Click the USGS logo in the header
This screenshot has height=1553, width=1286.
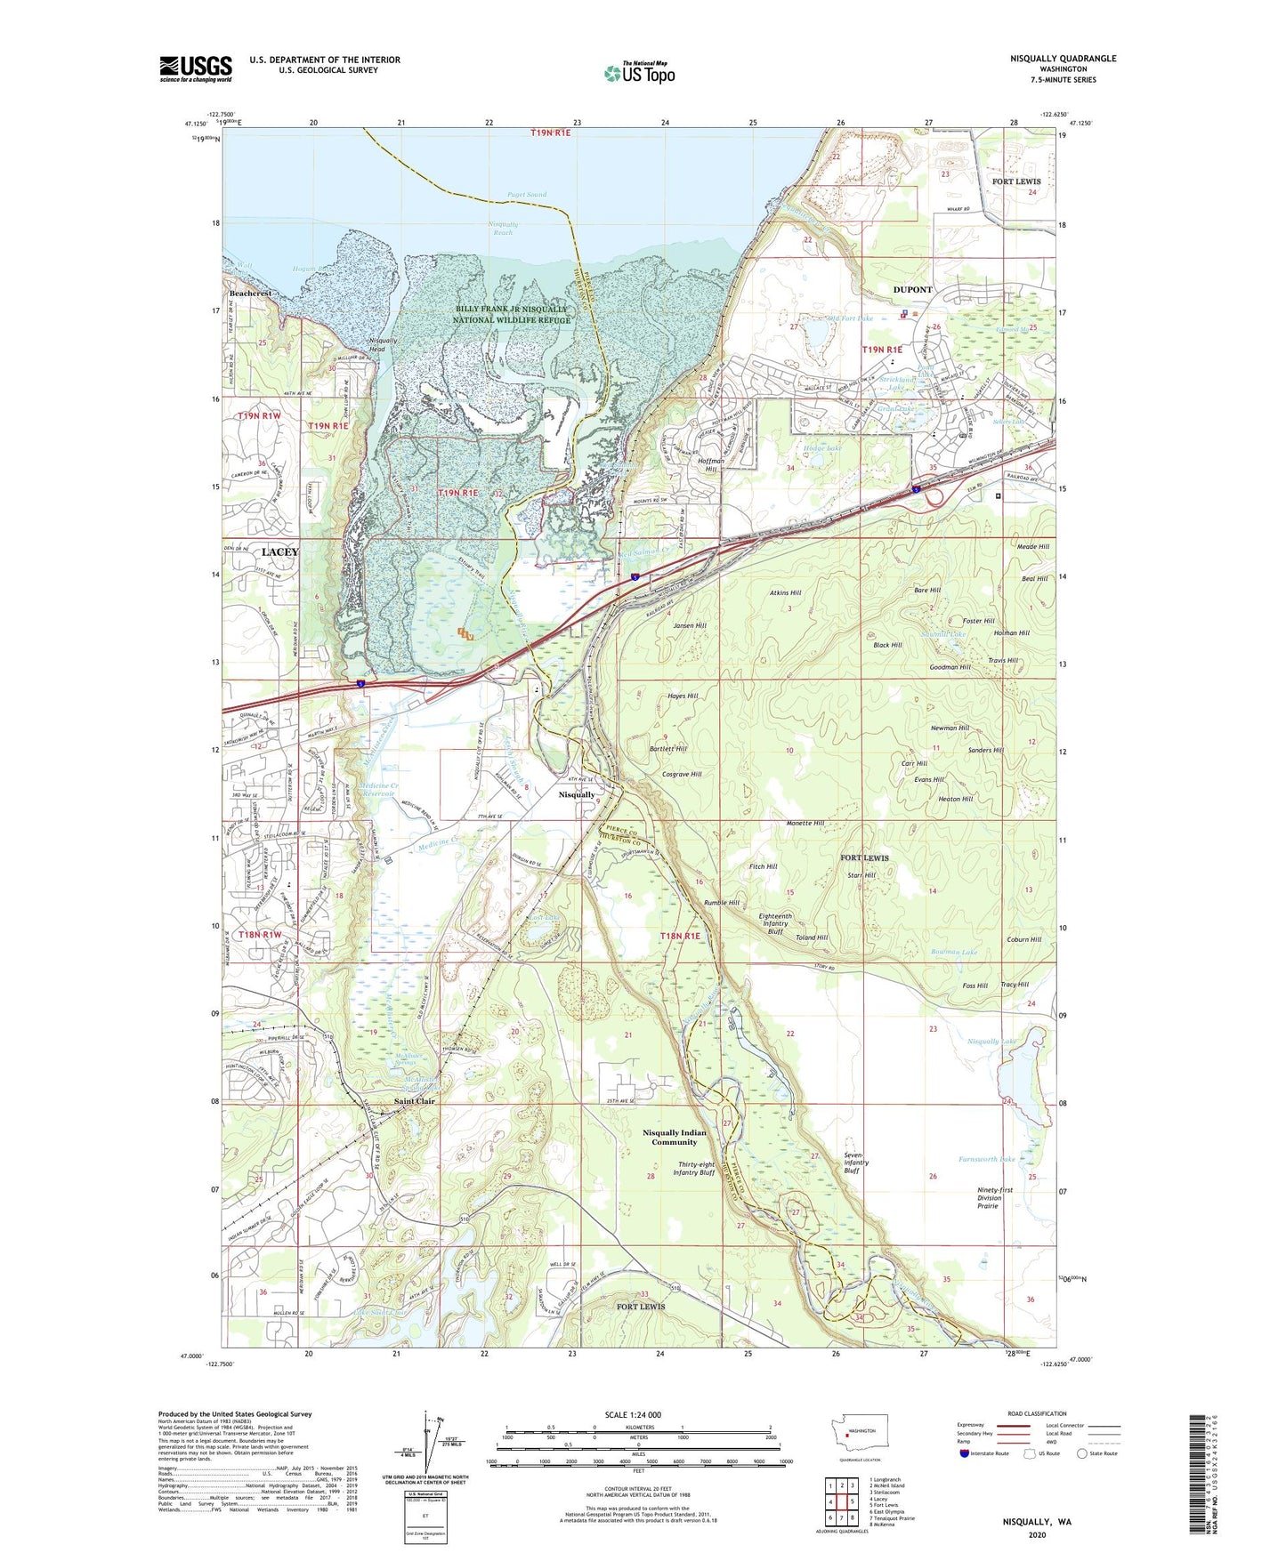[196, 68]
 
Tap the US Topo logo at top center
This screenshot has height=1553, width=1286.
[639, 73]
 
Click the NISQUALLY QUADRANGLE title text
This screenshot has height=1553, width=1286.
[1063, 59]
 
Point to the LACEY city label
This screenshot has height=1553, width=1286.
[280, 551]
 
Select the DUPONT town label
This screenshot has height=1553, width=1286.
[912, 290]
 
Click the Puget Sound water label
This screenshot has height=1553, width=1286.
[527, 194]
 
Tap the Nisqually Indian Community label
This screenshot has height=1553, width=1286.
[675, 1138]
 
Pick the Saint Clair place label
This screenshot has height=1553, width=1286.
[415, 1101]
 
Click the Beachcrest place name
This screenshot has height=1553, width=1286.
[250, 293]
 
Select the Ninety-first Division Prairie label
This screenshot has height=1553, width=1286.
[989, 1197]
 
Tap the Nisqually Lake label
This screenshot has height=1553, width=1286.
[991, 1041]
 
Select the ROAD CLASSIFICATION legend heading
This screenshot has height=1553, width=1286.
[1037, 1413]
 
